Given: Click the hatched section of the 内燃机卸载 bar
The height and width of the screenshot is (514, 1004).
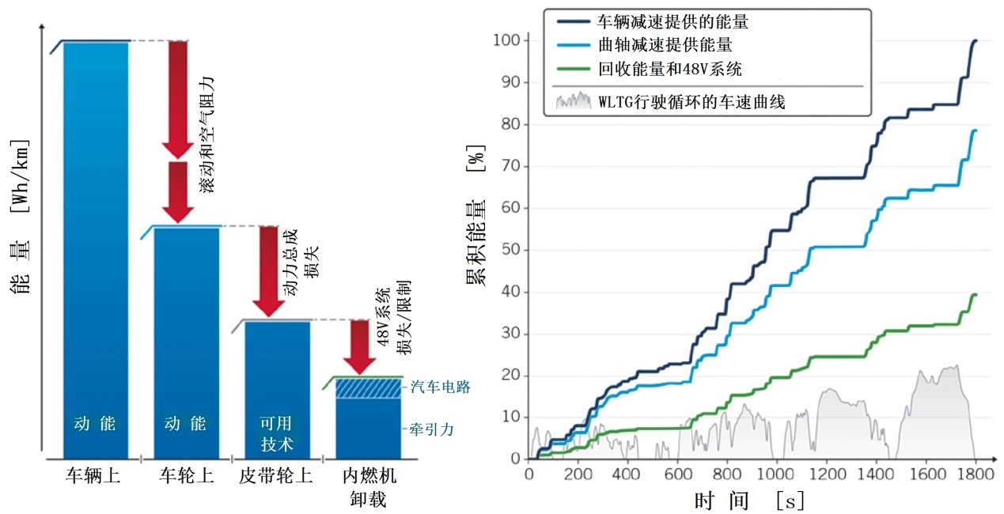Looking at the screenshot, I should [368, 388].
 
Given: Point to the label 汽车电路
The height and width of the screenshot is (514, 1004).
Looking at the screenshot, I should [441, 387].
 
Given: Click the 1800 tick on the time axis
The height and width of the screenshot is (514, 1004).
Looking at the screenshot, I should [975, 474].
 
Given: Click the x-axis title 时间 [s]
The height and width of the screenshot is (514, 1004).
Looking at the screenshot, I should [748, 500].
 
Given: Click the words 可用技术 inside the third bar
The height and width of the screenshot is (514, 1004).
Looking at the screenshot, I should [277, 433].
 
